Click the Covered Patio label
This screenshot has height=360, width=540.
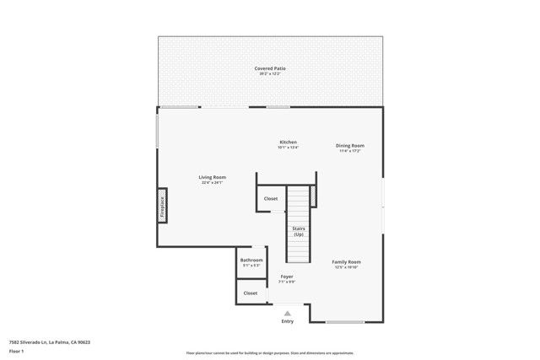point(270,68)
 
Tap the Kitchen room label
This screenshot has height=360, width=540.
point(288,142)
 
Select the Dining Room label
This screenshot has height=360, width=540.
point(350,145)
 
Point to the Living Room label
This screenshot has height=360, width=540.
point(212,177)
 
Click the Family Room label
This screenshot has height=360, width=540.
point(346,261)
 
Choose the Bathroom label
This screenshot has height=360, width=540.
point(251,260)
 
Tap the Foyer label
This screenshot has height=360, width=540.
point(287,276)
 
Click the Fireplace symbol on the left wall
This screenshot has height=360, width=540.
point(162,207)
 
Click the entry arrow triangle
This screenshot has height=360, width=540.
point(287,313)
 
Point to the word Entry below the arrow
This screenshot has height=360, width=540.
point(287,321)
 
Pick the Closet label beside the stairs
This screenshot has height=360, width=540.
point(270,199)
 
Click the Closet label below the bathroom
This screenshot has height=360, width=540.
point(251,293)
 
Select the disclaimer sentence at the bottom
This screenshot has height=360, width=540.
point(270,353)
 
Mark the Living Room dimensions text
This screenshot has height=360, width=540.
point(212,183)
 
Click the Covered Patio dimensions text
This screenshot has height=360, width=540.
point(270,74)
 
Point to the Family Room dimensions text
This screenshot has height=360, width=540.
point(346,267)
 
